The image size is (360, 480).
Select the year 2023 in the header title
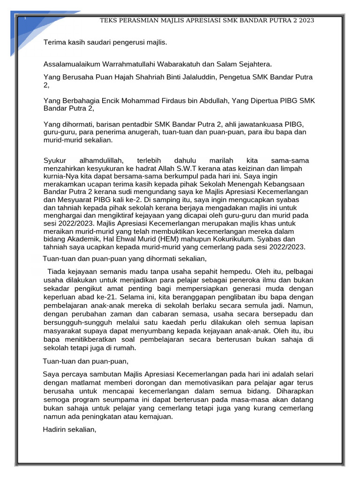click(x=306, y=21)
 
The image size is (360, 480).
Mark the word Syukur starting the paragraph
click(x=54, y=161)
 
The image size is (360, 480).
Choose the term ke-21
click(x=109, y=297)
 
